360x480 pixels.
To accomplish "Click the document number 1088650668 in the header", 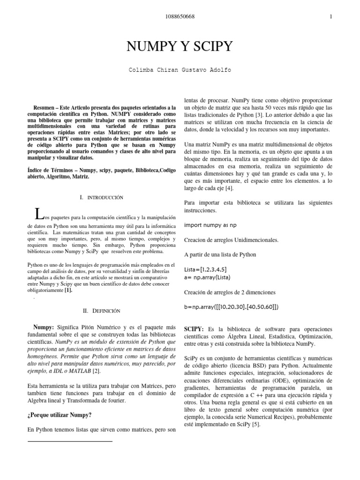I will click(x=180, y=17).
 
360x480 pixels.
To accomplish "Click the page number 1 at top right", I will click(x=331, y=17).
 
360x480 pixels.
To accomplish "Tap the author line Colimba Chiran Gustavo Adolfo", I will click(x=180, y=70).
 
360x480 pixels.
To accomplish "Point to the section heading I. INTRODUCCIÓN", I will click(x=102, y=198).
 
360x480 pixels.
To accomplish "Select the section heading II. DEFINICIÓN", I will click(x=102, y=310).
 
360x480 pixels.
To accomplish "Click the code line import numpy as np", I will click(x=211, y=225).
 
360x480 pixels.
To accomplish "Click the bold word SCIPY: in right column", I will click(x=196, y=329).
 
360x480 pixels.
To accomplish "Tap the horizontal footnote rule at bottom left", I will click(x=70, y=441).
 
